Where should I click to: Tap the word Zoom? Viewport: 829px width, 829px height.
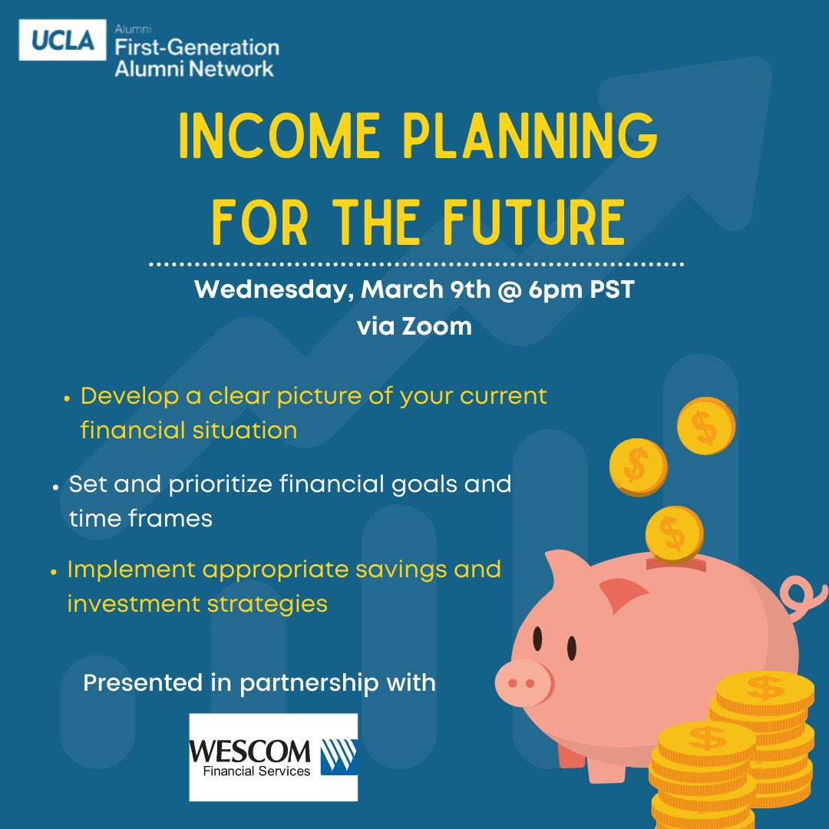coord(435,326)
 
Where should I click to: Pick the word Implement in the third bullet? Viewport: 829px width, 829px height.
coord(130,570)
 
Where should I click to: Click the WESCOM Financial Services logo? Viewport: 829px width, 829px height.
coord(273,757)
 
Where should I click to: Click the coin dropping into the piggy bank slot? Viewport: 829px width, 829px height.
coord(674,533)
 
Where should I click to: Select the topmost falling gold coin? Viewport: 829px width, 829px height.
coord(705,426)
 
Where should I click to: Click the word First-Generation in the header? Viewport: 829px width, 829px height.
coord(197,48)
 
